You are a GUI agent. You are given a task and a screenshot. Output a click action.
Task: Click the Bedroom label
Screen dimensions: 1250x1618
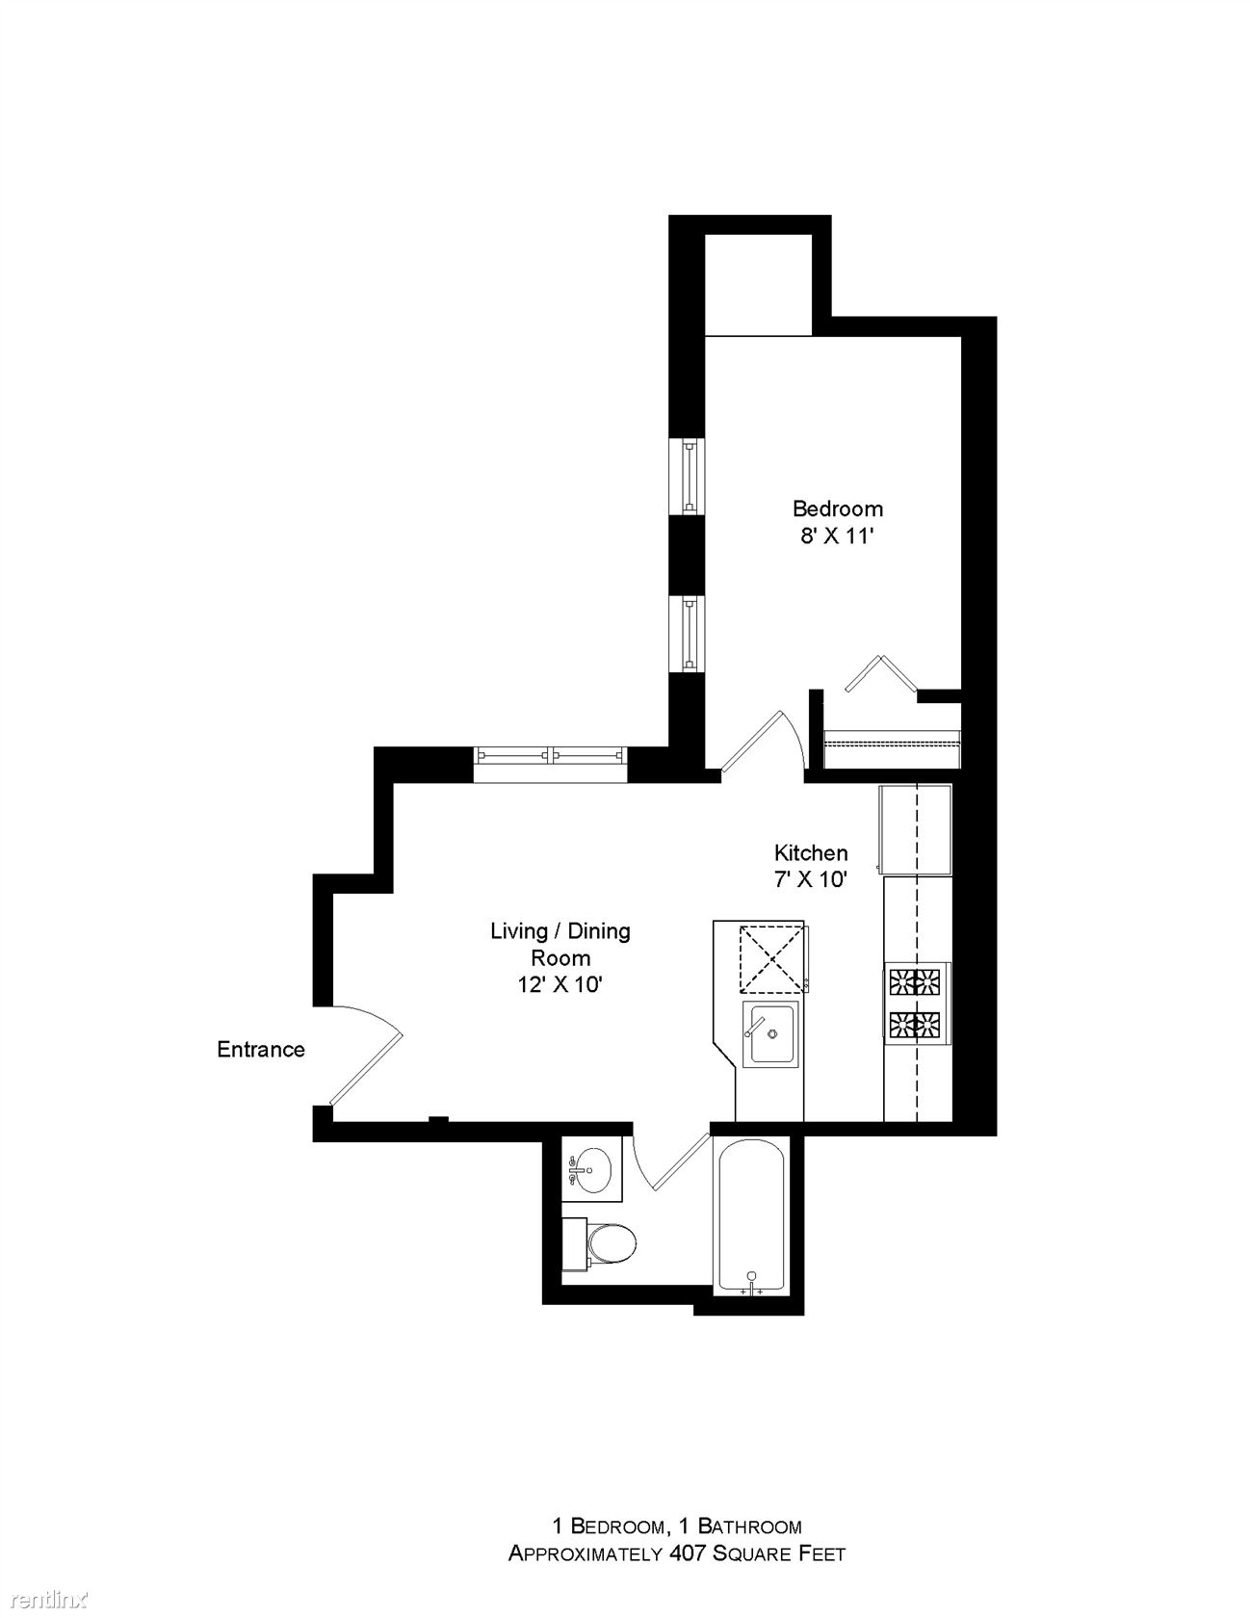click(837, 508)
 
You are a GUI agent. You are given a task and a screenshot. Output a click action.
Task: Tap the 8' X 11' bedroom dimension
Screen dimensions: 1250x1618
click(836, 535)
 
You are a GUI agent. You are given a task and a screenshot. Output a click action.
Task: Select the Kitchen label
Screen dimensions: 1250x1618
click(811, 852)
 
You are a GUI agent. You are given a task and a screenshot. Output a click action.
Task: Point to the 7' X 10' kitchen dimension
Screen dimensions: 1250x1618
click(811, 879)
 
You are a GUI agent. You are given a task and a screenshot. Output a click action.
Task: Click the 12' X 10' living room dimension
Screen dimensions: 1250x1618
click(560, 984)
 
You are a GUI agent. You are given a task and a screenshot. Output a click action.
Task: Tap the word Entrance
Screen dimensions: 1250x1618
click(261, 1049)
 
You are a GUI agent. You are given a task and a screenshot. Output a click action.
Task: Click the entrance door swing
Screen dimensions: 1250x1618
click(371, 1050)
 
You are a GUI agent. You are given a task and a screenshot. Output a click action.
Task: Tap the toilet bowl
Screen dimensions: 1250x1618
click(612, 1243)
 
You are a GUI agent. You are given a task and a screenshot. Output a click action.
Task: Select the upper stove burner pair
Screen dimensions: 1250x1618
click(916, 982)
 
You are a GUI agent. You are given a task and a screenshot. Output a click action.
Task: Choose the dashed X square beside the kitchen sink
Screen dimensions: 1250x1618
click(770, 957)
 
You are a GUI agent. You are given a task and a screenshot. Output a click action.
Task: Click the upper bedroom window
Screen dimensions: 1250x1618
click(689, 476)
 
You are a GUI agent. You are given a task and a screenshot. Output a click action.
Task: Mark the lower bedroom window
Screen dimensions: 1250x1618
click(689, 634)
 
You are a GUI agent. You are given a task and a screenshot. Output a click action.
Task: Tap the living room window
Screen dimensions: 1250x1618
click(550, 756)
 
